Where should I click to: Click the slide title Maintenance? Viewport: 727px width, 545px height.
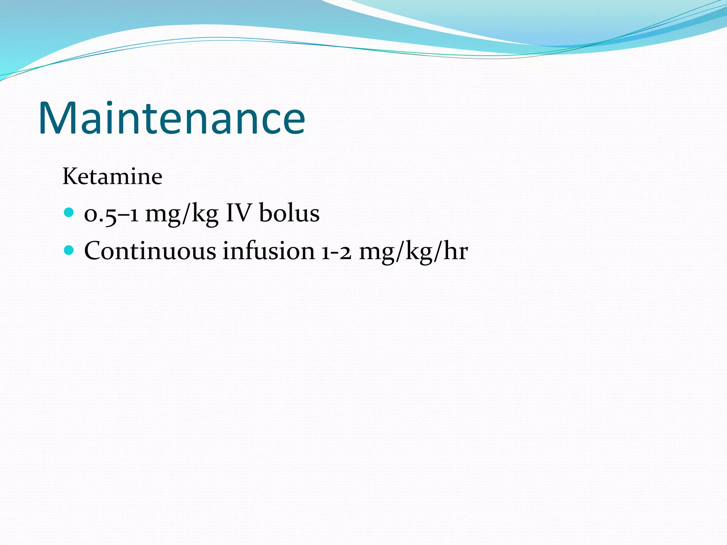pos(171,118)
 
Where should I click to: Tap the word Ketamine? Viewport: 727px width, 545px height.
pos(112,176)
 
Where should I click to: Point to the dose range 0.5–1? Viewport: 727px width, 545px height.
pos(111,214)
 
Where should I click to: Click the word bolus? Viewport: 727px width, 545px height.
pos(289,213)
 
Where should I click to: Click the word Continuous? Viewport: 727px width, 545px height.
pos(150,251)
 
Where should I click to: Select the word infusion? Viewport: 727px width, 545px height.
pos(269,251)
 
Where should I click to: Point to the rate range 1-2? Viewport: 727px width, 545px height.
pos(336,252)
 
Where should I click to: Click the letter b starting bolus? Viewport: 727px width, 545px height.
pos(265,213)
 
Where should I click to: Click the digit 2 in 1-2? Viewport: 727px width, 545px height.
pos(345,252)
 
